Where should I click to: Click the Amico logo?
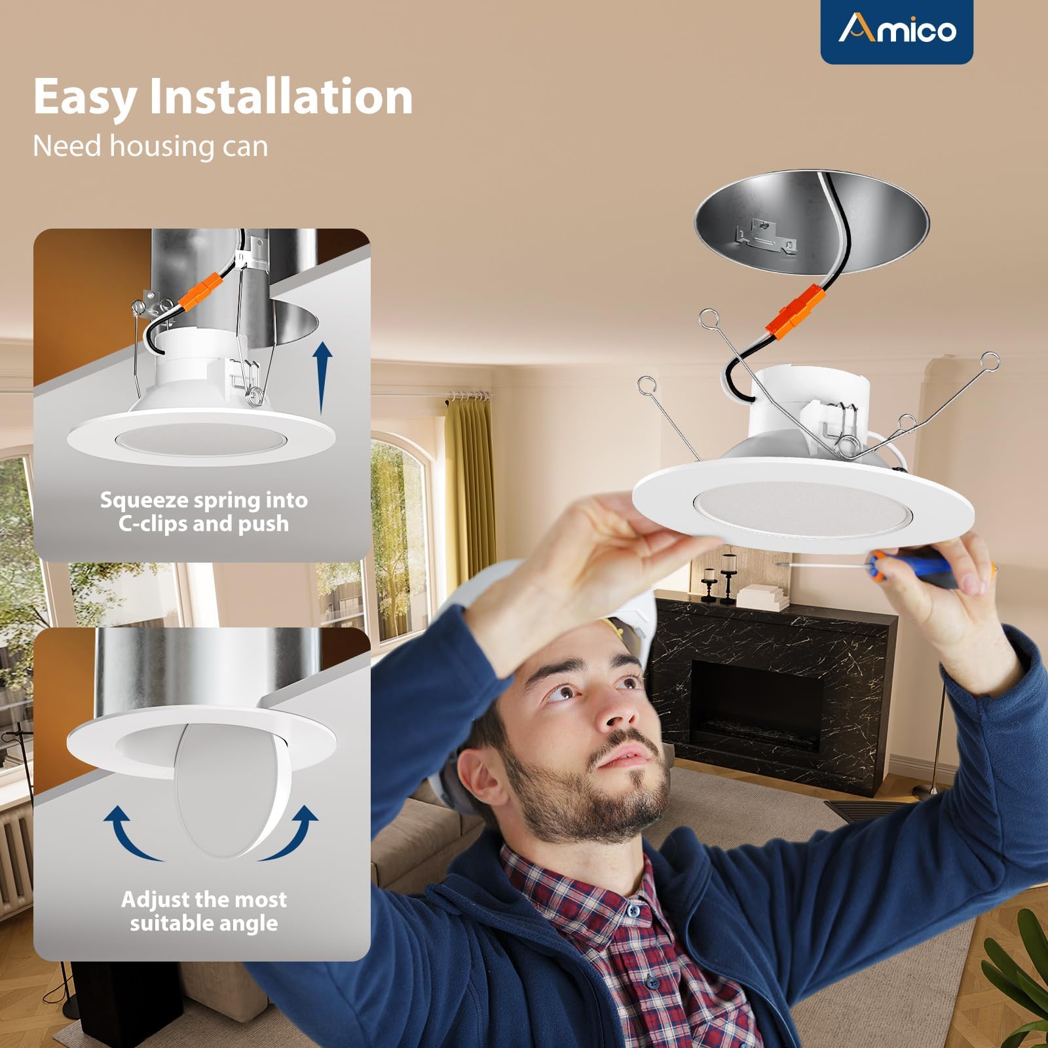coord(897,29)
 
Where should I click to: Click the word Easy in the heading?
coord(84,97)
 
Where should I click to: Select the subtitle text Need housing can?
coord(150,145)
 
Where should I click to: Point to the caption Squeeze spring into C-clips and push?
coord(204,512)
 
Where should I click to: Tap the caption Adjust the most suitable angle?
coord(204,911)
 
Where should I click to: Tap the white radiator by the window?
coord(14,858)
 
